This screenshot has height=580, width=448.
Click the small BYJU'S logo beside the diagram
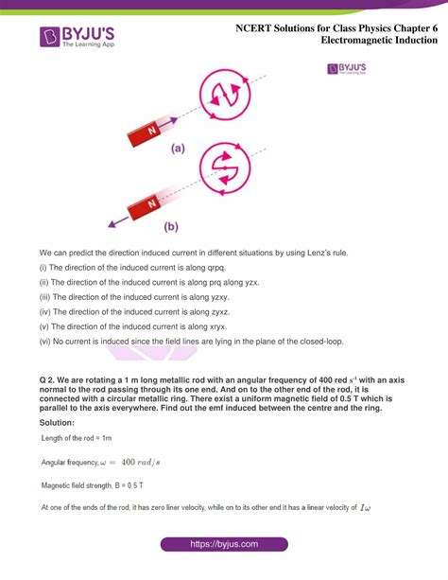[347, 69]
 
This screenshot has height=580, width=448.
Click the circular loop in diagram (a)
[226, 95]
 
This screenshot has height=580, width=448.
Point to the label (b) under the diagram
[171, 227]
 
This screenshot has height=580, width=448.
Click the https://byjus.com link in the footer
[223, 546]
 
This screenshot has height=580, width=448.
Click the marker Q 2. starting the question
[49, 379]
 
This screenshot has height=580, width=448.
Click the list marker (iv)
[46, 310]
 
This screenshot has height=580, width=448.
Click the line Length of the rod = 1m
[77, 439]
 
